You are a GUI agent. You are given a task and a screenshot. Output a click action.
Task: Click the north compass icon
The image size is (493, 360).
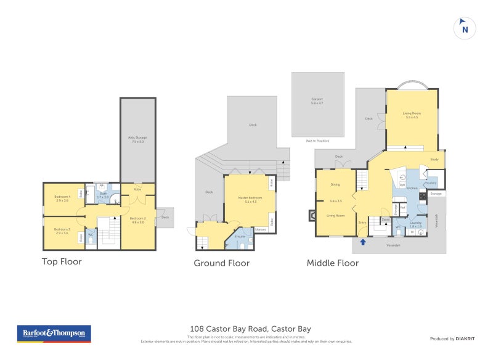coord(465,28)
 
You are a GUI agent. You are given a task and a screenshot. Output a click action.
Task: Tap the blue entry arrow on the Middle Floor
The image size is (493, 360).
coord(363,242)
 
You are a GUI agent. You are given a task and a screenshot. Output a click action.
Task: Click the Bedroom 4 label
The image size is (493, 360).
coord(62,198)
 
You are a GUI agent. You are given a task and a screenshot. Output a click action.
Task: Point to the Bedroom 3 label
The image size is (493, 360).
coord(62,230)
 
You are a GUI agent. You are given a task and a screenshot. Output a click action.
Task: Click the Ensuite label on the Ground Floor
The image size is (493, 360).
coord(240,237)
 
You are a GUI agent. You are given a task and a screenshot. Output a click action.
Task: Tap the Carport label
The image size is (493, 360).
coord(317,100)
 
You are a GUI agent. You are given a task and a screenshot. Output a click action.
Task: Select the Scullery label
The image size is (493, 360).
coord(431,182)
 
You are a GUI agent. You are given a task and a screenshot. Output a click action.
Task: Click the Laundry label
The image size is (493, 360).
coord(415,224)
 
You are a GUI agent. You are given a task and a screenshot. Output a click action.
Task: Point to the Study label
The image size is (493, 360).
coord(434,160)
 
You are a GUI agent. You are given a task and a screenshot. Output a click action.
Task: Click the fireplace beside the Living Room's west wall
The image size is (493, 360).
coord(312,215)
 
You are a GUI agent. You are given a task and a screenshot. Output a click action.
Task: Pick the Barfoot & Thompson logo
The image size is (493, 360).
coord(54,333)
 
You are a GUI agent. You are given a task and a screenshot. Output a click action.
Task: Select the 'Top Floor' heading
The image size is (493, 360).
coord(62,261)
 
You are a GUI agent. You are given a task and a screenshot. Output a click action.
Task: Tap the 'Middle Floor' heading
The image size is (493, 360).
coord(333,263)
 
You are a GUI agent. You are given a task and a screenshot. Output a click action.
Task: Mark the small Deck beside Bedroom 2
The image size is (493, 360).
coord(165,217)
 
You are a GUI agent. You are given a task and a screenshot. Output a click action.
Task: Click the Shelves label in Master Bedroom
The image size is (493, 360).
coord(259,229)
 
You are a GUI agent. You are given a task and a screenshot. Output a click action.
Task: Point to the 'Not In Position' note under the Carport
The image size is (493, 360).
coord(317,141)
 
